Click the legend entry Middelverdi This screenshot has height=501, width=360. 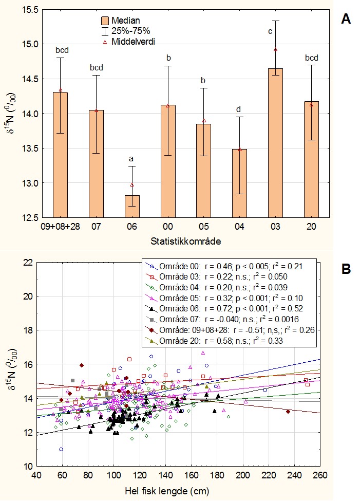click(135, 40)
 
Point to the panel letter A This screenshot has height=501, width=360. click(346, 20)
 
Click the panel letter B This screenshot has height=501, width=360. click(346, 268)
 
